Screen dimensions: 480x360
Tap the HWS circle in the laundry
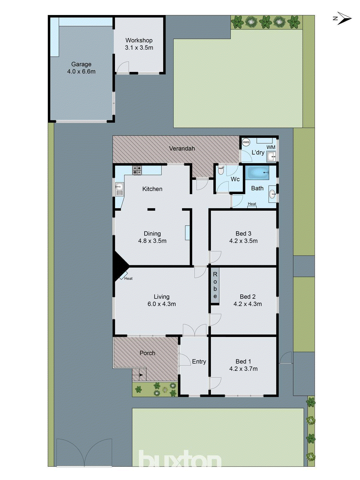click(x=246, y=142)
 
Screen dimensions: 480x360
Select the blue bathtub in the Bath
click(x=257, y=173)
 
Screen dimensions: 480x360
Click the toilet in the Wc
click(x=221, y=170)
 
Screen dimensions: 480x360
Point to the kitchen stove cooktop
click(x=137, y=170)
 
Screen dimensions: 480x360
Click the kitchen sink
click(x=119, y=189)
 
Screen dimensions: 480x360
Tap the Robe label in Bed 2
click(x=215, y=285)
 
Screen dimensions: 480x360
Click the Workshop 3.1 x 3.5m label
click(x=139, y=44)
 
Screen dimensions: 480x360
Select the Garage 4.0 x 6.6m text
click(x=81, y=68)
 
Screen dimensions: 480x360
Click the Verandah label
click(x=182, y=148)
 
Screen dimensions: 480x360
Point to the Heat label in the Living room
click(x=128, y=278)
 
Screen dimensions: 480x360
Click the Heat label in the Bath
click(x=252, y=204)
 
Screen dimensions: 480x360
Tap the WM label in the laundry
click(x=271, y=147)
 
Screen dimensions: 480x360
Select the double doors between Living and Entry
click(x=195, y=330)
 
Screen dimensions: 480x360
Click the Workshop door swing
click(x=123, y=68)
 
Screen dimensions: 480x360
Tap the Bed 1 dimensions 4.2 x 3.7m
click(x=243, y=369)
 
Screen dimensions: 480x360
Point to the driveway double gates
click(x=84, y=453)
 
